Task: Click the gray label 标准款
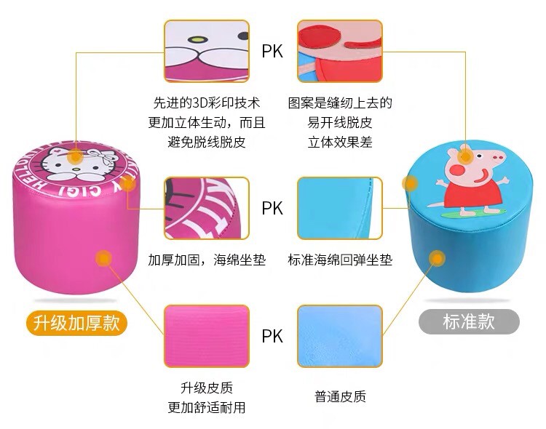(469, 321)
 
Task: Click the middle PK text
(272, 209)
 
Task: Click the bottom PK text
(272, 336)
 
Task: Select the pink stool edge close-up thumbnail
(206, 208)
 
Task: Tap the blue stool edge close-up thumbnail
(340, 208)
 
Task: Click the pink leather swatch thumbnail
(206, 336)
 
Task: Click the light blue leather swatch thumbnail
(340, 336)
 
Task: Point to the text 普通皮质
(340, 397)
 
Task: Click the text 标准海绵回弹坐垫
(340, 260)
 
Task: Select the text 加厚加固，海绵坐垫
(206, 260)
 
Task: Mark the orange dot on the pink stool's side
(104, 257)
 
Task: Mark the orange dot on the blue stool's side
(438, 257)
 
